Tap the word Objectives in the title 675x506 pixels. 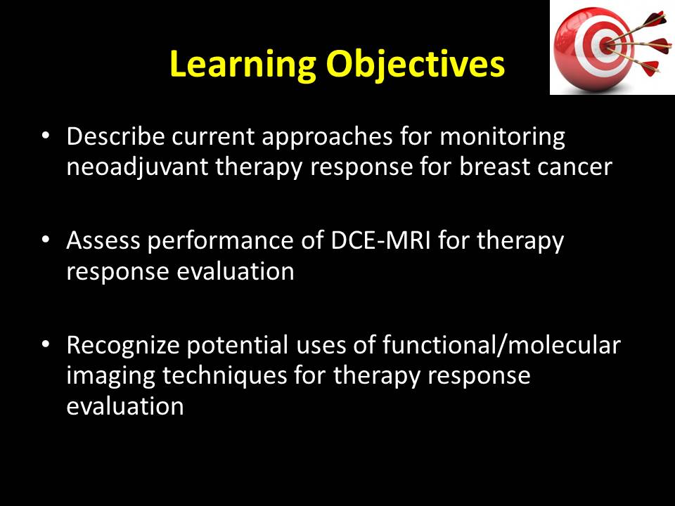click(415, 65)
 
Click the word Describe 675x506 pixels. click(115, 136)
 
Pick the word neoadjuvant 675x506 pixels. click(137, 168)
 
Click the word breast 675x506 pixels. click(494, 167)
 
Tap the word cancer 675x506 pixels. click(574, 168)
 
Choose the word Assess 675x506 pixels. click(103, 240)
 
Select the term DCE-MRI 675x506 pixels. click(380, 240)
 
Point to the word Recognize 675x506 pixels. click(122, 346)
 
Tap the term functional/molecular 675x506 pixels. click(501, 345)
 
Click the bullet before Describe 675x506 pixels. click(46, 136)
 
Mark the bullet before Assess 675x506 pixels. click(46, 240)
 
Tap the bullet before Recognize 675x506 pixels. click(46, 344)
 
